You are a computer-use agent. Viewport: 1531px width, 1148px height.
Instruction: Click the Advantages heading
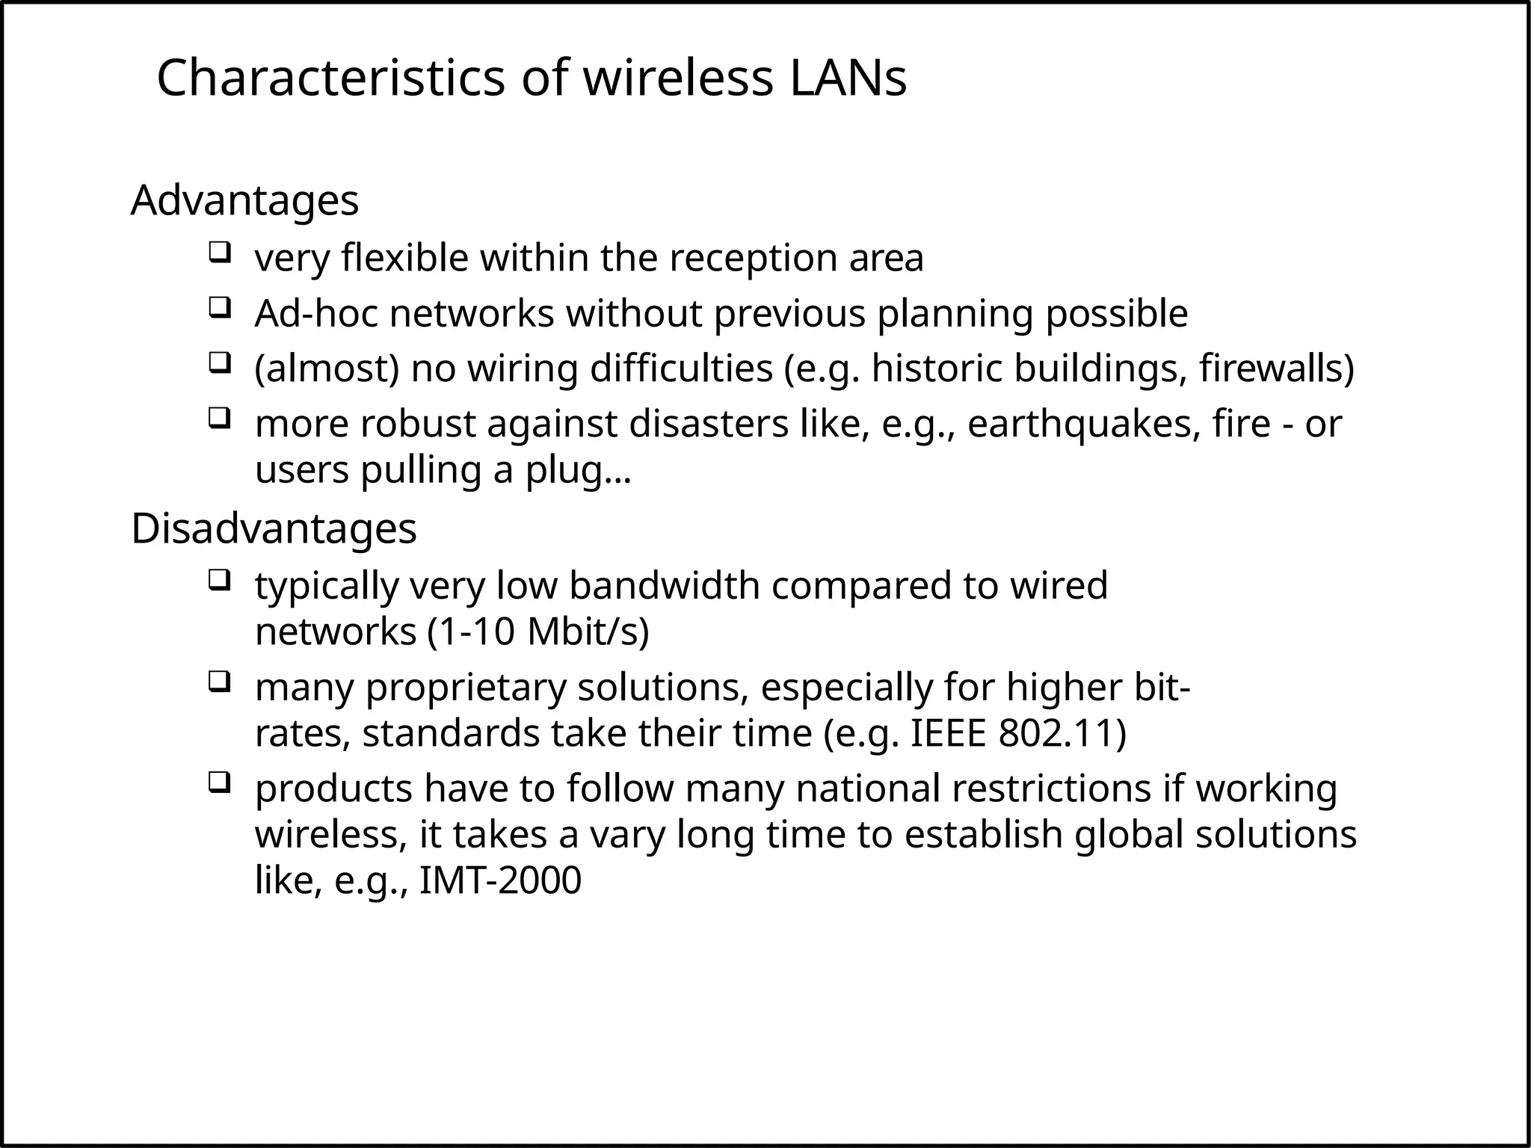pos(244,200)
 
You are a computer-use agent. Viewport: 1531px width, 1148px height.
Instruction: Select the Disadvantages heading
pos(274,528)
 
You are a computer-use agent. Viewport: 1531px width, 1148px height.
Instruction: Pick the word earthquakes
pos(1079,424)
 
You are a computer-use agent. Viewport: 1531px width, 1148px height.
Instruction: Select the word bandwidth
pos(664,585)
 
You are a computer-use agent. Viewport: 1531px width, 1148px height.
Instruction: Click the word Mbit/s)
pos(588,632)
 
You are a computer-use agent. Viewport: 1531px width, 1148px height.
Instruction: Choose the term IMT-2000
pos(500,880)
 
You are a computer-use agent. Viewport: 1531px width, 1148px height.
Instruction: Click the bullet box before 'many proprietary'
pos(218,681)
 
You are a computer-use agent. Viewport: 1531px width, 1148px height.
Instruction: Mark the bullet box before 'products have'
pos(218,783)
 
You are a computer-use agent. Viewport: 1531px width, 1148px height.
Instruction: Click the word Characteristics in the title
pos(331,78)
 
